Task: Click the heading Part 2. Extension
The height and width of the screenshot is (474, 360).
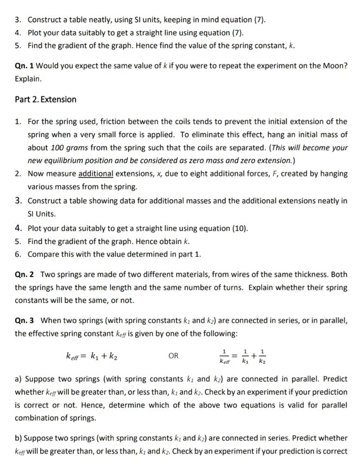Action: point(45,100)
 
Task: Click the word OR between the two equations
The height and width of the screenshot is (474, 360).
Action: point(173,356)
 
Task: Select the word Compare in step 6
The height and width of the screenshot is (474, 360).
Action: point(43,255)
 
